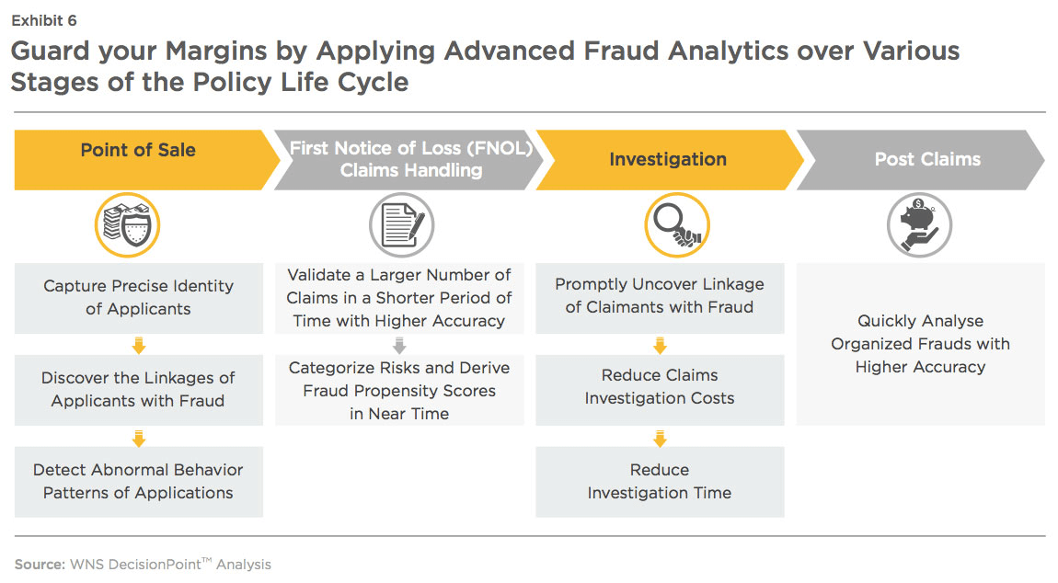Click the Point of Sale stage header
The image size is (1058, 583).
tap(138, 151)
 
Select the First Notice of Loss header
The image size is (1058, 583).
tap(410, 159)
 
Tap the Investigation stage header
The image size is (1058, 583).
tap(667, 159)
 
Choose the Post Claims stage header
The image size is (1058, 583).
tap(926, 159)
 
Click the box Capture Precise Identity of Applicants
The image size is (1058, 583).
tap(139, 297)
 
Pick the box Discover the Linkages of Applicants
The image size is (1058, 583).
tap(139, 389)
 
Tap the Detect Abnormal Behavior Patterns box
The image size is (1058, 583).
tap(139, 481)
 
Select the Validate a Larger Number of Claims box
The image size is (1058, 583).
tap(399, 297)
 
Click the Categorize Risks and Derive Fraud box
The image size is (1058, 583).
tap(399, 390)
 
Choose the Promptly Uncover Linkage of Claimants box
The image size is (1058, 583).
tap(660, 295)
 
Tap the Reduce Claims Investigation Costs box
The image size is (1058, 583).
tap(660, 386)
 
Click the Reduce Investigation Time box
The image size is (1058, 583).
tap(660, 481)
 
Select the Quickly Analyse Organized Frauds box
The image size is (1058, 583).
tap(920, 344)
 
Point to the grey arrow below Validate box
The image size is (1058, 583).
tap(399, 345)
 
